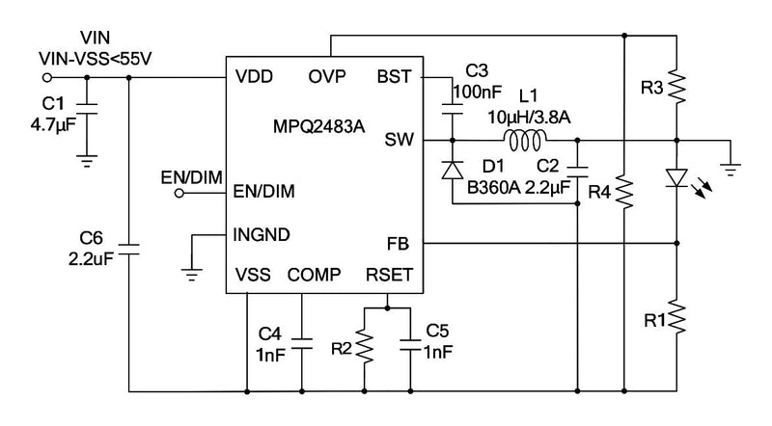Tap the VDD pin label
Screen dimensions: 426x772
(x=255, y=76)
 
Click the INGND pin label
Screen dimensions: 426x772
(x=262, y=233)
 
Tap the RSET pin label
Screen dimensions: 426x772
(x=389, y=276)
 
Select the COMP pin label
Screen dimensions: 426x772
(x=314, y=276)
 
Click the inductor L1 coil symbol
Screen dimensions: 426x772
(x=525, y=141)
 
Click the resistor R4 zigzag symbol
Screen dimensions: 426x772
(x=625, y=191)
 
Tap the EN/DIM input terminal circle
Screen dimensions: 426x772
(x=179, y=192)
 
